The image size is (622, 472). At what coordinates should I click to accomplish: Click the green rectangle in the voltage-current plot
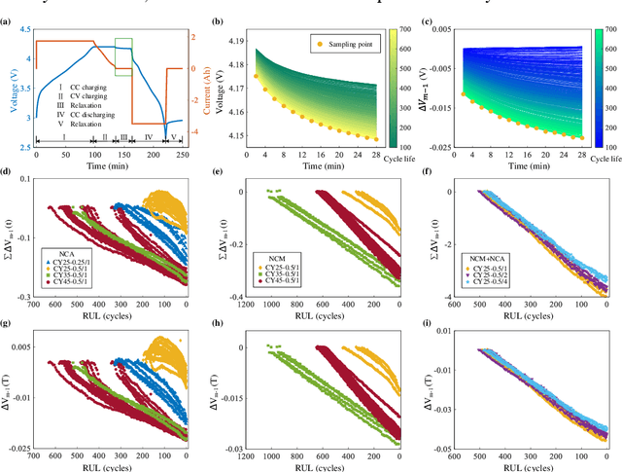[x=123, y=56]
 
